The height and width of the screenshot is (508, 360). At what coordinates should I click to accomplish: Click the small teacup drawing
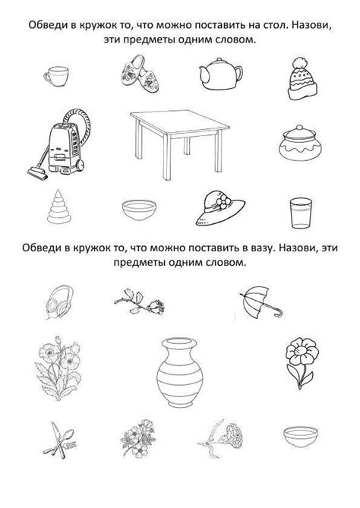[x=58, y=76]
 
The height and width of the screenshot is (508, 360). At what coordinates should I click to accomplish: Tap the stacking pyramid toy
[x=59, y=206]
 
